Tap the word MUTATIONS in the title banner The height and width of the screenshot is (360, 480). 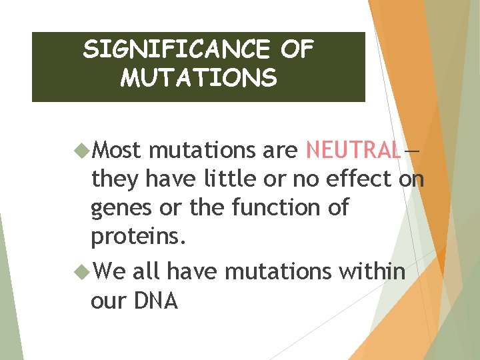[x=198, y=79]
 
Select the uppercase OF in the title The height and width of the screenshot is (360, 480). [x=296, y=49]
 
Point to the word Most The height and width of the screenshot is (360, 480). [x=117, y=151]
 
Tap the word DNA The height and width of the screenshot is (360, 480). [x=156, y=301]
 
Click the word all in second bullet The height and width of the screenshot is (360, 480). [x=147, y=271]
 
